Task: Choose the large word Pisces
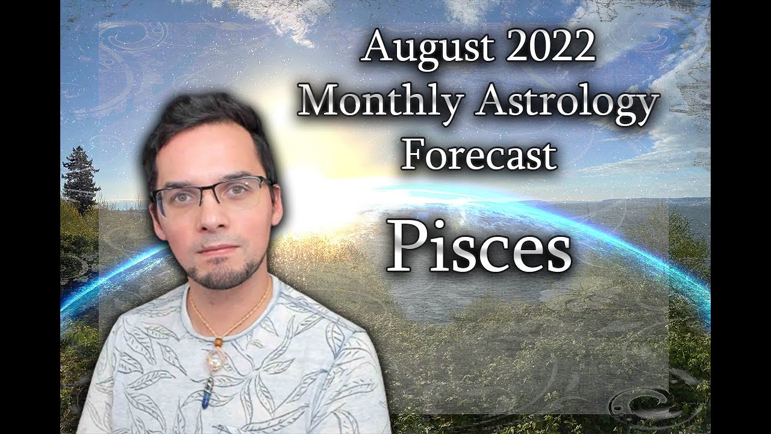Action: click(x=478, y=247)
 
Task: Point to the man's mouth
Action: click(x=218, y=248)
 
